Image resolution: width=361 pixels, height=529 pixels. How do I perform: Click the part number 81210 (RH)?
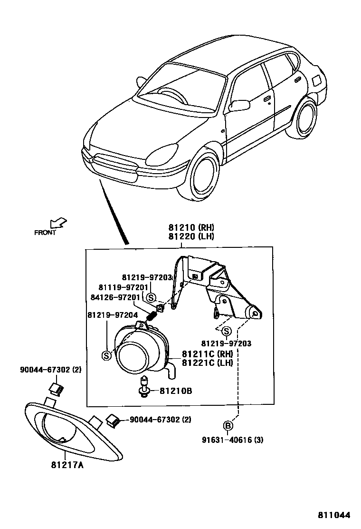coord(190,227)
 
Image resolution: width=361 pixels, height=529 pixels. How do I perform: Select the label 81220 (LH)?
coord(190,236)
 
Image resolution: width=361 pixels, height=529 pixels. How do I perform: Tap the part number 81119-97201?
coord(121,288)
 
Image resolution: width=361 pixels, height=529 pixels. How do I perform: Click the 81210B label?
coord(175,392)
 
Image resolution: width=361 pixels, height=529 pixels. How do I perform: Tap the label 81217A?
coord(67,465)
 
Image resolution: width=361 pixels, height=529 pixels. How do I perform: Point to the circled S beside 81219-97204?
coord(107,354)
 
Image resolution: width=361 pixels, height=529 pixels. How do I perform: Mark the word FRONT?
coord(45,233)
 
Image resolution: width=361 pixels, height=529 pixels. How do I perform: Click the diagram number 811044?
coord(334,515)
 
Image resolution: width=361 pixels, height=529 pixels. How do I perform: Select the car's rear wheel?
coord(305,118)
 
